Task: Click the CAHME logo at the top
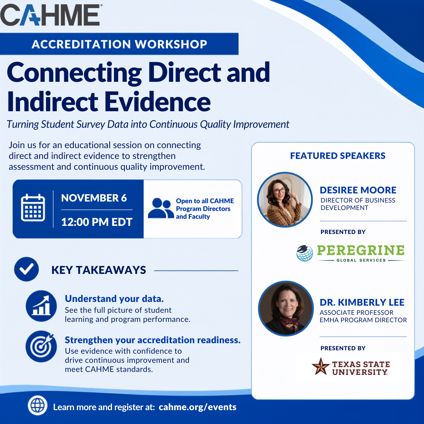[51, 15]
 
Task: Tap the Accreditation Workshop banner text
[119, 44]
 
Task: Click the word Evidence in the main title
[157, 102]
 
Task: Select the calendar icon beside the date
[33, 208]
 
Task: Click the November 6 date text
[94, 198]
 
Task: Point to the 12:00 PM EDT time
[97, 222]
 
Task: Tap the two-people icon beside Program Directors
[161, 208]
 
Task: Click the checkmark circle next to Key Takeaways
[26, 269]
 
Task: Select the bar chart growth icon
[41, 306]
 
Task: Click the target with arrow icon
[41, 347]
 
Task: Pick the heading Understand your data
[114, 299]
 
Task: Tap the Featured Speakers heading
[338, 156]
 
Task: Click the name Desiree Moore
[358, 190]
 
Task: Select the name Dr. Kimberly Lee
[362, 302]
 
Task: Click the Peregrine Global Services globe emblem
[305, 253]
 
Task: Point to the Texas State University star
[321, 366]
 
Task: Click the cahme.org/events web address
[197, 407]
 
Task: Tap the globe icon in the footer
[38, 405]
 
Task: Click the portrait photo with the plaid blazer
[285, 199]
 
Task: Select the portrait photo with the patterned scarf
[286, 308]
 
